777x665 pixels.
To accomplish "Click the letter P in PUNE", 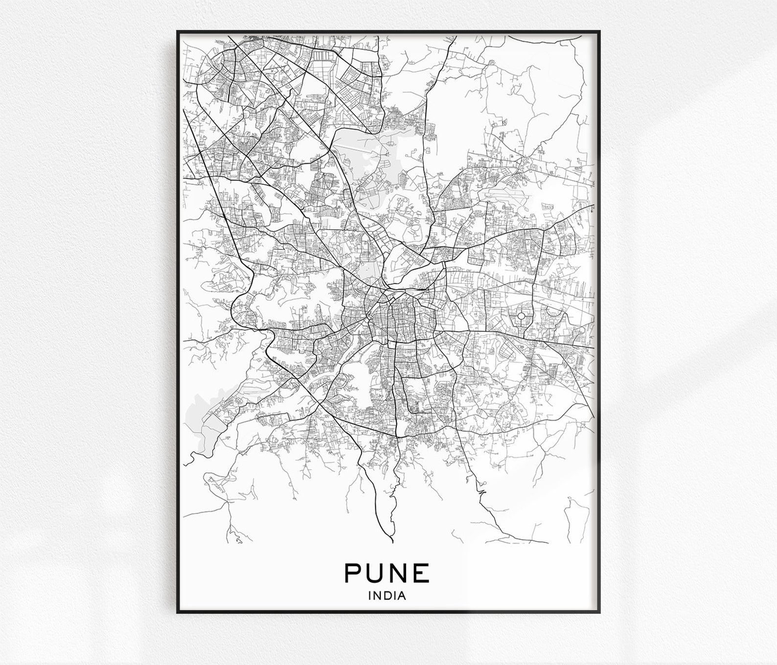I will (354, 573).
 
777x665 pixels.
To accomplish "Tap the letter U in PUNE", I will (376, 573).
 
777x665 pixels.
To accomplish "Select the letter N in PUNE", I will (399, 573).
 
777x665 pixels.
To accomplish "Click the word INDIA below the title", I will (388, 596).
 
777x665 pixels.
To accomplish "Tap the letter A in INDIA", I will (402, 596).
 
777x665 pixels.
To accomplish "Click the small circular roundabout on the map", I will (521, 316).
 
